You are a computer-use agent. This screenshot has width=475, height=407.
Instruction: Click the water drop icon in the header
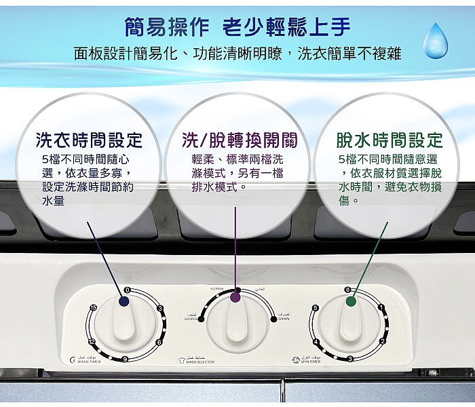click(x=435, y=41)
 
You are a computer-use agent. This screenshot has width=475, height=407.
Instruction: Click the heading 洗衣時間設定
click(x=89, y=140)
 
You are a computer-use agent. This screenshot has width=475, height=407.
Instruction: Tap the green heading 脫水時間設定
click(x=389, y=140)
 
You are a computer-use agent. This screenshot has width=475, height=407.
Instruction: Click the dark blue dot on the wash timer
click(x=125, y=301)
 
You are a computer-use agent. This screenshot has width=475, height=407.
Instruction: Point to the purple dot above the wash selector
click(x=235, y=297)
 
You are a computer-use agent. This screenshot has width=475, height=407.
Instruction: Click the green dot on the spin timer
click(x=351, y=301)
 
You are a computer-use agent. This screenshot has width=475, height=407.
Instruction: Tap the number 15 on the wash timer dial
click(x=93, y=309)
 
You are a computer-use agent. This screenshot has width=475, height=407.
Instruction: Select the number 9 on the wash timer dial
click(x=125, y=358)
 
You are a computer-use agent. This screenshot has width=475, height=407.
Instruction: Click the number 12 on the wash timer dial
click(x=91, y=342)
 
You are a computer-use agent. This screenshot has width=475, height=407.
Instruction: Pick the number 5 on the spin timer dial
click(x=316, y=309)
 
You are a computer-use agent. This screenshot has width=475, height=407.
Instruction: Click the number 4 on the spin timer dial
click(x=316, y=341)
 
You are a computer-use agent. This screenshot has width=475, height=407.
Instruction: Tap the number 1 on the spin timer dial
click(x=382, y=309)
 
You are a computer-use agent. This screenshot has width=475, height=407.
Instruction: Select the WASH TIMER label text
click(x=88, y=362)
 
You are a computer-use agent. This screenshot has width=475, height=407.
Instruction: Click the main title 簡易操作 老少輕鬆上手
click(x=237, y=27)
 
